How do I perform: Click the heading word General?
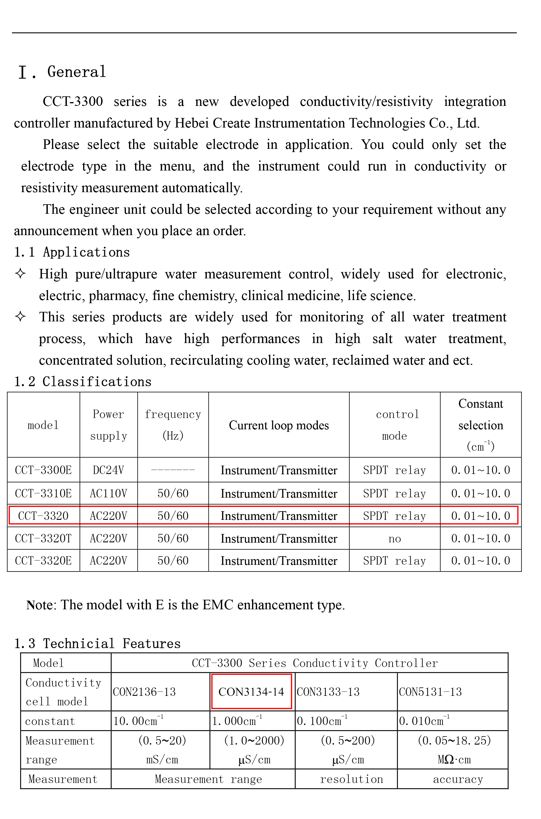(76, 72)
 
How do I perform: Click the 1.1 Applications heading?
(72, 252)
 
